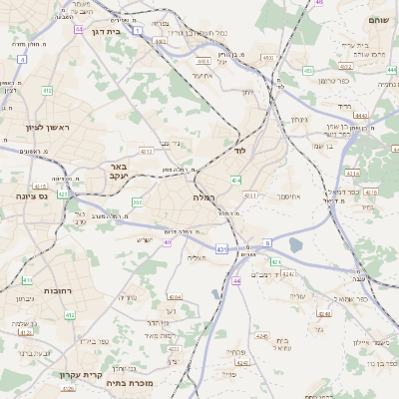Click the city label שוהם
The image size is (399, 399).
pos(379,19)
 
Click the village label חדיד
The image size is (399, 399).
pos(345,105)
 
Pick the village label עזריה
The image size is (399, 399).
pos(296,296)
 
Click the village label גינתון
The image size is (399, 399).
pos(298,119)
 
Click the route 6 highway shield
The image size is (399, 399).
pos(267,242)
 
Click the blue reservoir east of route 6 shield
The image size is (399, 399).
pos(294,244)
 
